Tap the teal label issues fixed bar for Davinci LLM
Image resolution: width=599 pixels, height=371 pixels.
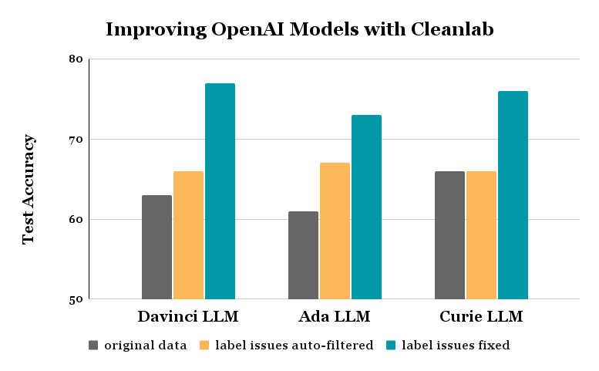tap(220, 191)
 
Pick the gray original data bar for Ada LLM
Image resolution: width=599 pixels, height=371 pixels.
tap(303, 255)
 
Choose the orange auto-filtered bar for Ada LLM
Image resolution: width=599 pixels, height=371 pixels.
tap(335, 231)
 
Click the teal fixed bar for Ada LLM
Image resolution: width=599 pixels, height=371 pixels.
tap(366, 207)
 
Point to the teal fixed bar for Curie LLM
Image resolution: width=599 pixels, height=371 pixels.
tap(513, 195)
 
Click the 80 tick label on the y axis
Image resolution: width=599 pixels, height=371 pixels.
tap(76, 59)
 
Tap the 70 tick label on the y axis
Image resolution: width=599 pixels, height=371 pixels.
tap(76, 140)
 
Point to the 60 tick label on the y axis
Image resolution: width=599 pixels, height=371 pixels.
tap(76, 220)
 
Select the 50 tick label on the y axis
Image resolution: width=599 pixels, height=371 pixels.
tap(76, 300)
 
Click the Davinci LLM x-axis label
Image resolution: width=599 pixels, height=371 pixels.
tap(188, 317)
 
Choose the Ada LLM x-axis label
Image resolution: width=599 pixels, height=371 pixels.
tap(335, 317)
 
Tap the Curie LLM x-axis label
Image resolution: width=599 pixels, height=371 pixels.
tap(481, 317)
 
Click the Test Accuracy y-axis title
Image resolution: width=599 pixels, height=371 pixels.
tap(29, 189)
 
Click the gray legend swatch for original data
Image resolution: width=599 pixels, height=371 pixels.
tap(94, 346)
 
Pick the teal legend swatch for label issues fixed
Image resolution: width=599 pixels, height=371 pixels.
tap(392, 346)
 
